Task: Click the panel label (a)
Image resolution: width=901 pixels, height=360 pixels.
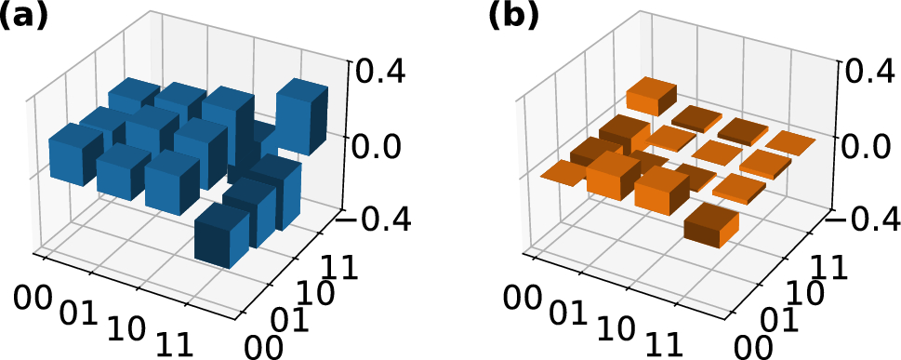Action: [26, 17]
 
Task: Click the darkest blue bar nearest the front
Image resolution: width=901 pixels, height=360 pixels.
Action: [223, 237]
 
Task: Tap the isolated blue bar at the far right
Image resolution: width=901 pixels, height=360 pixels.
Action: [301, 116]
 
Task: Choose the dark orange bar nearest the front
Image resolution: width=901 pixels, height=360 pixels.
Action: [711, 227]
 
